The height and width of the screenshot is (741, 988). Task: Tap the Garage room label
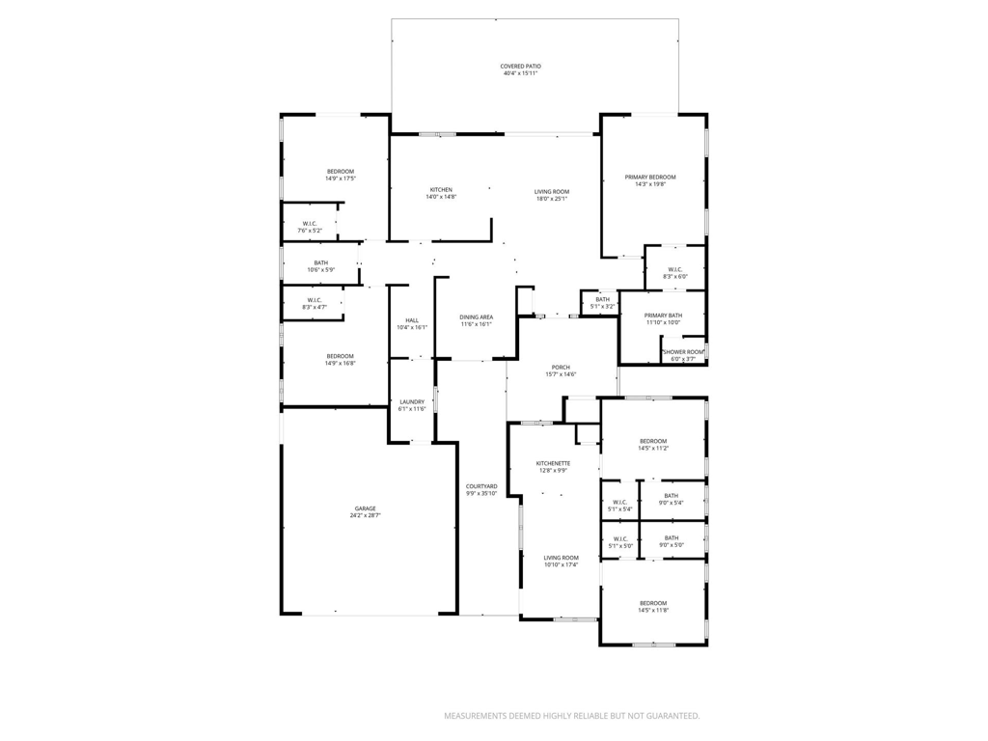(365, 508)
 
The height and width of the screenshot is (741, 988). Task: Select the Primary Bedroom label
(649, 178)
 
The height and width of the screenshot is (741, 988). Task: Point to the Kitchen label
(441, 189)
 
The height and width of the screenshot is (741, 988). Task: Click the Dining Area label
(476, 317)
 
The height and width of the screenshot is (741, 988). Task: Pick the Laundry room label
(412, 401)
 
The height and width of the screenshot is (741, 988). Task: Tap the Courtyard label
(480, 486)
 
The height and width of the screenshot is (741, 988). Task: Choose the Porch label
(561, 367)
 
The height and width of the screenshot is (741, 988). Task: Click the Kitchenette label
(553, 463)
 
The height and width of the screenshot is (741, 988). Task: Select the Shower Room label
(683, 352)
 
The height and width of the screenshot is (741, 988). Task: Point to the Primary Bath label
(664, 316)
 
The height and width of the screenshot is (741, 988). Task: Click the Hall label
(412, 320)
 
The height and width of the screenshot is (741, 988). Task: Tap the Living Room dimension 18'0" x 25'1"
(552, 199)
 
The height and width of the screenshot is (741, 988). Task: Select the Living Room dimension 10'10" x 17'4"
(561, 564)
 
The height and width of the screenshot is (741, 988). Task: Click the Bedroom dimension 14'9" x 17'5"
(340, 178)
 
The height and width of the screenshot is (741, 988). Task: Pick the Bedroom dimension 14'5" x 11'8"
(653, 610)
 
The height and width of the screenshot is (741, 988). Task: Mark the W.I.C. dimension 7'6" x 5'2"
(310, 231)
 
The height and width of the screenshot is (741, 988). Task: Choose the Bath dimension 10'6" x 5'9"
(320, 270)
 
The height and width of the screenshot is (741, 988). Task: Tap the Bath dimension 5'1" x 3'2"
(602, 306)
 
